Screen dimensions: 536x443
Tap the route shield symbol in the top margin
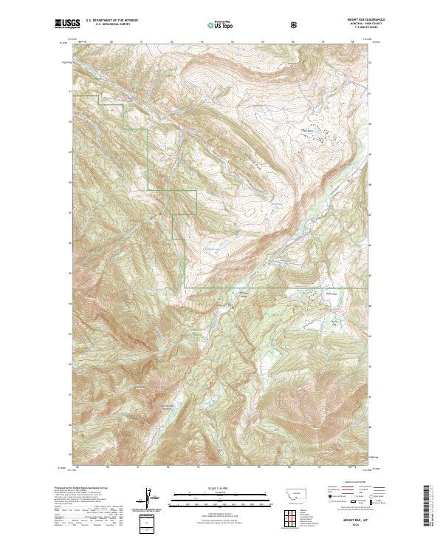[295, 24]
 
